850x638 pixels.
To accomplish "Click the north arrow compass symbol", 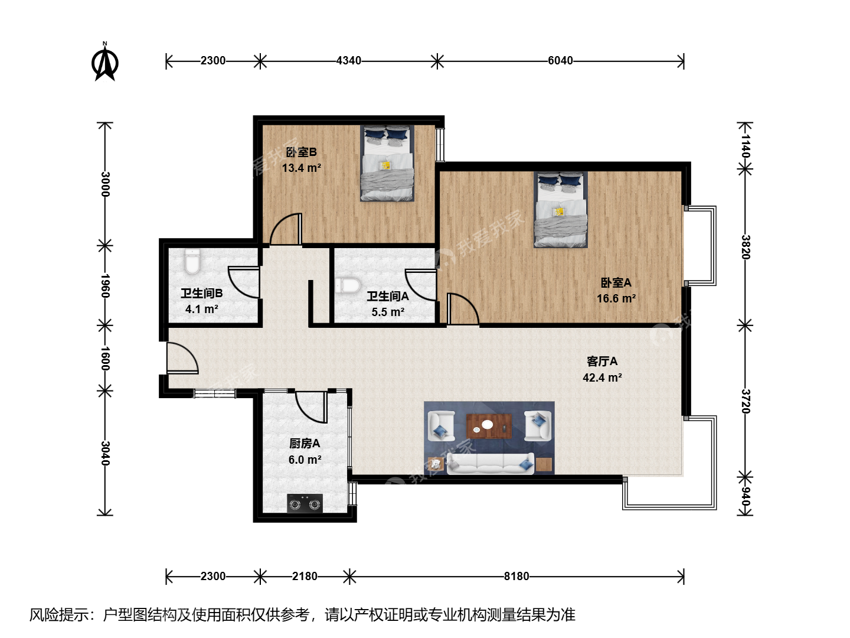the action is (104, 62).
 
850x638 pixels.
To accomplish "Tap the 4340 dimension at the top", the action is (348, 61).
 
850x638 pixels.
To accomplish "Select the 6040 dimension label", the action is (560, 61).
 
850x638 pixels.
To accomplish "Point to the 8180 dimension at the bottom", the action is (516, 577).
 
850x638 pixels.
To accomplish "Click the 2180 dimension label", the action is (305, 577).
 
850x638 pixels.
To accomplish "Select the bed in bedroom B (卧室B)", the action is (387, 163).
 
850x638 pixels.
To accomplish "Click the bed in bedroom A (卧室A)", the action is (561, 210).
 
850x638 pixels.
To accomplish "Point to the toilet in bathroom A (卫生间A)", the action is (348, 285).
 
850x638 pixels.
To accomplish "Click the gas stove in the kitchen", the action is (305, 503).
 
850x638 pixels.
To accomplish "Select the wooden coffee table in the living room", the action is (489, 426).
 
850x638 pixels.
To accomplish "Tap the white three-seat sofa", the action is (491, 463).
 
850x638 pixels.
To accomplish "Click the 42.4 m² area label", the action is (602, 377).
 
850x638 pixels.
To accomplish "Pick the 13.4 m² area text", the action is (301, 168).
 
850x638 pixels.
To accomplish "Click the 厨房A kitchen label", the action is (305, 444).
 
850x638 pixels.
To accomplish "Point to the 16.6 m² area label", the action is (616, 299).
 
